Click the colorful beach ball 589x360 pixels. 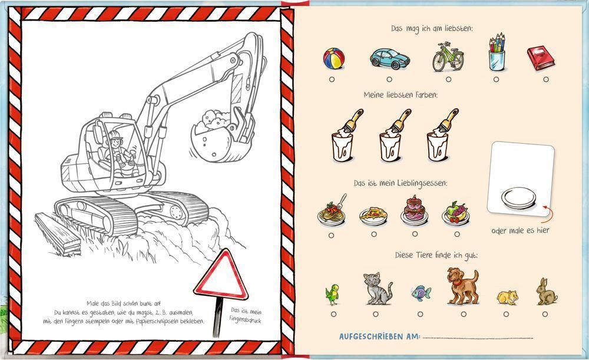click(333, 59)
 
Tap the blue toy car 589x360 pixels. click(389, 58)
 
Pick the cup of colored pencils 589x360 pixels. click(497, 54)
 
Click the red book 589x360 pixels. click(541, 58)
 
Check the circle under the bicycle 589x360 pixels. click(448, 79)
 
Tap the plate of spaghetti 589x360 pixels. click(332, 213)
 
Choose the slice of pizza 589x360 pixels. click(373, 215)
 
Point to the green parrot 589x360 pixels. click(333, 293)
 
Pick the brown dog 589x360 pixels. click(462, 286)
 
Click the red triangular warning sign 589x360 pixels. click(221, 275)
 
